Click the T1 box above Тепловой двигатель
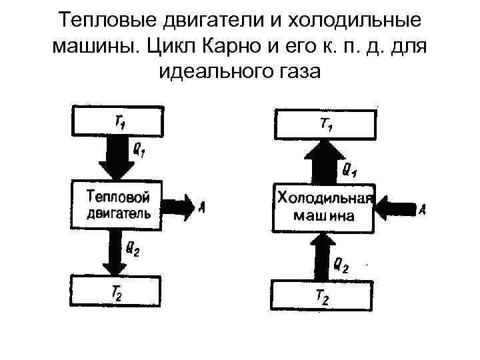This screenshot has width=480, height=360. click(x=117, y=120)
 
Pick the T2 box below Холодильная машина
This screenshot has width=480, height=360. click(x=322, y=296)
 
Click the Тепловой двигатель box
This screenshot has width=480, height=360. click(x=117, y=205)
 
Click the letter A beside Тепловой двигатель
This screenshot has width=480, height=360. click(x=202, y=207)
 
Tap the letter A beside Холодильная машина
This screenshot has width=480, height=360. click(x=423, y=210)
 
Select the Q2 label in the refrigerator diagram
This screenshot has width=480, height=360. click(x=341, y=267)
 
